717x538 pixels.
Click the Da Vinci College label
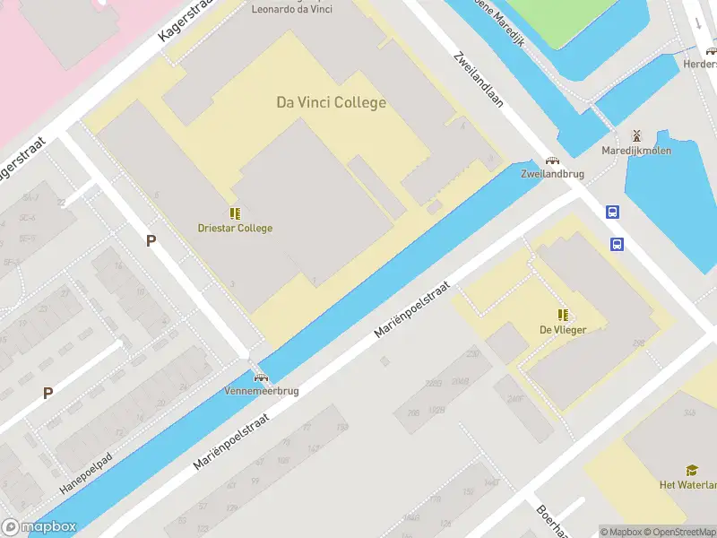(x=331, y=102)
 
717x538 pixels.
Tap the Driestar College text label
(x=235, y=228)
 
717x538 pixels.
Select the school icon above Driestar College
(x=235, y=213)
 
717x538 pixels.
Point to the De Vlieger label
(x=563, y=329)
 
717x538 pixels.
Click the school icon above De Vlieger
(x=563, y=315)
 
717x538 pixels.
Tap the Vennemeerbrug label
(x=262, y=391)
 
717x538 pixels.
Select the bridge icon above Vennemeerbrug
(x=261, y=377)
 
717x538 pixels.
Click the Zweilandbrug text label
(x=547, y=175)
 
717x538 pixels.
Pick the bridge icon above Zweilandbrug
(x=552, y=161)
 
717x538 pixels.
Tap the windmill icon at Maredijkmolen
(x=636, y=135)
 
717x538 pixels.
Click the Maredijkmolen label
(x=636, y=151)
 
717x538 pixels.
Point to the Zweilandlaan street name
(x=479, y=78)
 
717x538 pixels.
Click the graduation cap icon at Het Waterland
(x=692, y=470)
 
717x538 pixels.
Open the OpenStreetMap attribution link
(x=680, y=532)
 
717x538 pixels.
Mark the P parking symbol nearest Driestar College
(x=151, y=240)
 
